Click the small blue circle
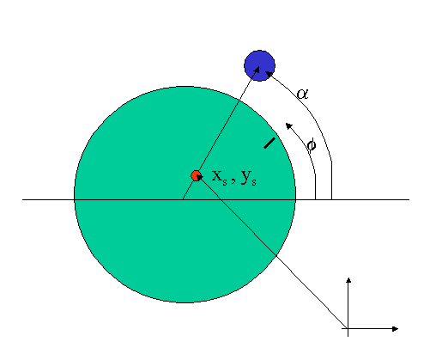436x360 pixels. click(x=259, y=65)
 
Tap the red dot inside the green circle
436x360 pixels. click(x=196, y=175)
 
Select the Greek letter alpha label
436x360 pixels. click(x=302, y=94)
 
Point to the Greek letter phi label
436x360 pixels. click(x=312, y=145)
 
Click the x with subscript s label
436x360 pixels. click(x=220, y=177)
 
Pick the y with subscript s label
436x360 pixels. click(x=249, y=178)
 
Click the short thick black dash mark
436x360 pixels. click(x=269, y=143)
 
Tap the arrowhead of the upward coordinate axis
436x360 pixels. click(x=348, y=280)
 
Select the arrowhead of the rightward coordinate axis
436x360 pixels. click(x=395, y=329)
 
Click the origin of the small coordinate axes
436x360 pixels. click(x=348, y=329)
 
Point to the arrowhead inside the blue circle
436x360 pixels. click(x=257, y=69)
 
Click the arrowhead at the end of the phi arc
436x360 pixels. click(x=288, y=125)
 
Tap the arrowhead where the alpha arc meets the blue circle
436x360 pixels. click(x=269, y=74)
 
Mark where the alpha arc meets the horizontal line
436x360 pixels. click(x=331, y=199)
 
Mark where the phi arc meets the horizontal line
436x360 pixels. click(x=315, y=199)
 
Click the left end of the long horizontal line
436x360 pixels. click(x=22, y=199)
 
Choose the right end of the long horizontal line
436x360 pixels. click(x=409, y=199)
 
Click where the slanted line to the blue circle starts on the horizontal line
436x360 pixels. click(x=183, y=199)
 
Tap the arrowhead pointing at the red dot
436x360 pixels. click(x=200, y=178)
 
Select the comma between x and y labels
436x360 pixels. click(x=233, y=181)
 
